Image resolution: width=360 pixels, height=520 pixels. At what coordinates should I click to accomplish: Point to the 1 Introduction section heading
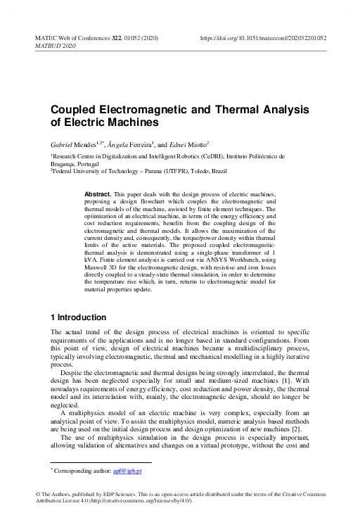78,317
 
